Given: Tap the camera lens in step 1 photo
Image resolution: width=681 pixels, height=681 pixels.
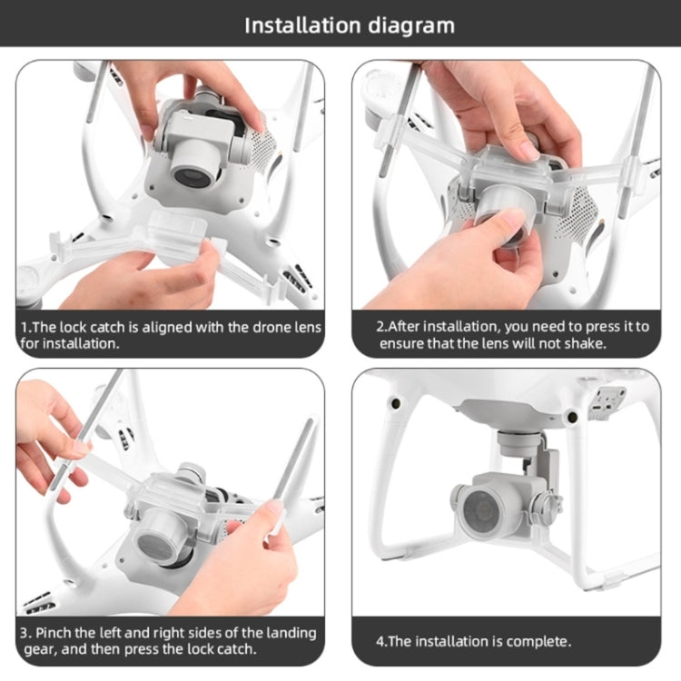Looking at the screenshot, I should click(192, 173).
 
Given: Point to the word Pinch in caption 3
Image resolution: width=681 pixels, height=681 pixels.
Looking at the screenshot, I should click(57, 632).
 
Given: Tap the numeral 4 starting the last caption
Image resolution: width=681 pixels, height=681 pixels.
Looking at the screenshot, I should click(380, 641).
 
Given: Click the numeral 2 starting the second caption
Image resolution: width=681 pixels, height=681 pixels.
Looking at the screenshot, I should click(381, 326).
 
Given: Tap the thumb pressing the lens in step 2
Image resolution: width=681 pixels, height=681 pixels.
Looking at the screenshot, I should click(509, 226).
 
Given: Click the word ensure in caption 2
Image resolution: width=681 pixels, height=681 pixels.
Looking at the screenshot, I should click(403, 344).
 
